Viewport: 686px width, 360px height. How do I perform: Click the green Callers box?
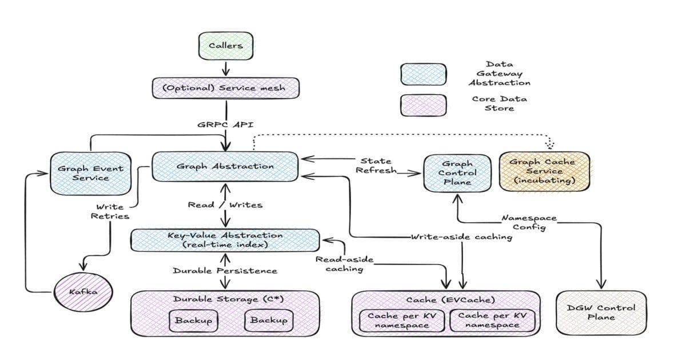(x=225, y=46)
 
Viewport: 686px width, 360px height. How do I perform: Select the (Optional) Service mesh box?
(x=226, y=89)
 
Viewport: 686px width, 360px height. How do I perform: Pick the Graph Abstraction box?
(x=225, y=167)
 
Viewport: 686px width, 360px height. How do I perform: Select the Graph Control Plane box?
(x=457, y=173)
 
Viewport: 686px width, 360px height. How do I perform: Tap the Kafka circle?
(x=83, y=293)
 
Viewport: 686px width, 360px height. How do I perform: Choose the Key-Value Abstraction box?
(x=225, y=240)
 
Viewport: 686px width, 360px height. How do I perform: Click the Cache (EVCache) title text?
(x=446, y=299)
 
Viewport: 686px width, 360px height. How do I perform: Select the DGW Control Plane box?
(x=600, y=312)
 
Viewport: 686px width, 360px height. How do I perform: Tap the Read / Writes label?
(x=225, y=205)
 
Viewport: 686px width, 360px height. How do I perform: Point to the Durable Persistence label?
(x=225, y=270)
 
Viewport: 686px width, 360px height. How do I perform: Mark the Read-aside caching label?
(x=344, y=264)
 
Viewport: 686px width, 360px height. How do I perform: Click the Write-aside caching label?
(x=461, y=237)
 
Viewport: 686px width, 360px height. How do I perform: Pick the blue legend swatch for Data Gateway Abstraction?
(x=424, y=74)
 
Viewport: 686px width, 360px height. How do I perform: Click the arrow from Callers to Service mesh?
(x=225, y=67)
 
